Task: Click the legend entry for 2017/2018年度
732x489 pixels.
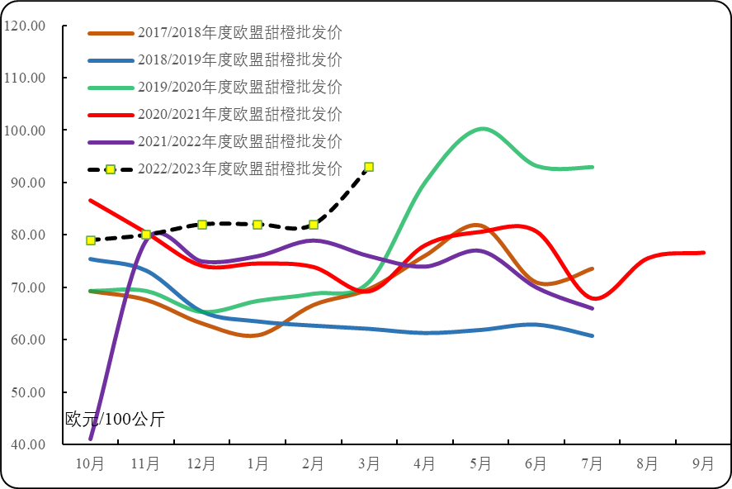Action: pyautogui.click(x=239, y=33)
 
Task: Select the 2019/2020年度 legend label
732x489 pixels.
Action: pyautogui.click(x=239, y=87)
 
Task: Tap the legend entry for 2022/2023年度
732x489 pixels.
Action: pyautogui.click(x=239, y=169)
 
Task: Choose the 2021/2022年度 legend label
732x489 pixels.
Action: pyautogui.click(x=239, y=141)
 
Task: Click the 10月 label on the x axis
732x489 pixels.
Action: pyautogui.click(x=90, y=464)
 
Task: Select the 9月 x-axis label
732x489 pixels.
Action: pyautogui.click(x=703, y=464)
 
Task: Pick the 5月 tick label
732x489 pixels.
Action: pyautogui.click(x=480, y=464)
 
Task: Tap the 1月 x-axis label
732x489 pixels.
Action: pyautogui.click(x=257, y=464)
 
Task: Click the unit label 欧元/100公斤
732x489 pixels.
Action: pyautogui.click(x=115, y=420)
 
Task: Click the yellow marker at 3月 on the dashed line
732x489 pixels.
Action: pyautogui.click(x=369, y=167)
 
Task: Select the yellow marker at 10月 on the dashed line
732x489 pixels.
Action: pyautogui.click(x=91, y=240)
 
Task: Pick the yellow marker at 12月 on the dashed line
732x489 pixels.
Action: pyautogui.click(x=202, y=225)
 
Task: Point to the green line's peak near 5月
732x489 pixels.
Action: pyautogui.click(x=482, y=129)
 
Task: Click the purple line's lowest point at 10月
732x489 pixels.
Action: pyautogui.click(x=91, y=438)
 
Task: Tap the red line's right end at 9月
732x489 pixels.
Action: pyautogui.click(x=703, y=253)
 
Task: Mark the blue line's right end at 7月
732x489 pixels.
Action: pyautogui.click(x=592, y=336)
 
